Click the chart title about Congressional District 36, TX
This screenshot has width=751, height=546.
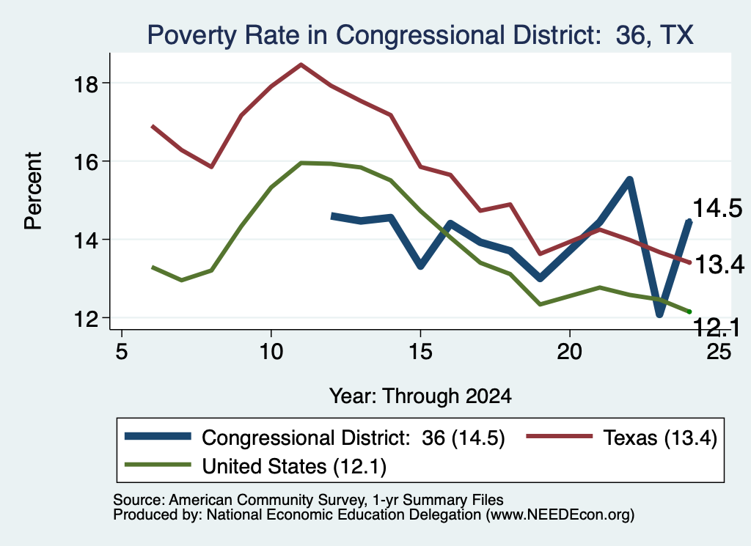tap(420, 35)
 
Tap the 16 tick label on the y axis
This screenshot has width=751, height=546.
tap(86, 162)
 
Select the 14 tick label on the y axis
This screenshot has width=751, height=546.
tap(86, 240)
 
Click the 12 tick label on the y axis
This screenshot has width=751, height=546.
tap(86, 318)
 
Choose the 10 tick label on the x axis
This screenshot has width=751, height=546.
tap(271, 352)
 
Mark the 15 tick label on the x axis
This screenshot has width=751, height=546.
tap(420, 352)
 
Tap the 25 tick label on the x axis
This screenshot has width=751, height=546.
tap(719, 352)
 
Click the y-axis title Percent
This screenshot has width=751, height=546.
tap(33, 191)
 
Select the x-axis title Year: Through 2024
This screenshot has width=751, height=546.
tap(420, 396)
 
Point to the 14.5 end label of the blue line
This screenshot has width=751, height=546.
tap(717, 208)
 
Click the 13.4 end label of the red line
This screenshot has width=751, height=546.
tap(719, 264)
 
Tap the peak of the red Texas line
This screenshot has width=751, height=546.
tap(301, 64)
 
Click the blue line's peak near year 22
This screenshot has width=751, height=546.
tap(629, 180)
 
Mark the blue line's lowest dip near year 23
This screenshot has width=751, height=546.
tap(659, 314)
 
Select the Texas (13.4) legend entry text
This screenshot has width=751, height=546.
tap(660, 438)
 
